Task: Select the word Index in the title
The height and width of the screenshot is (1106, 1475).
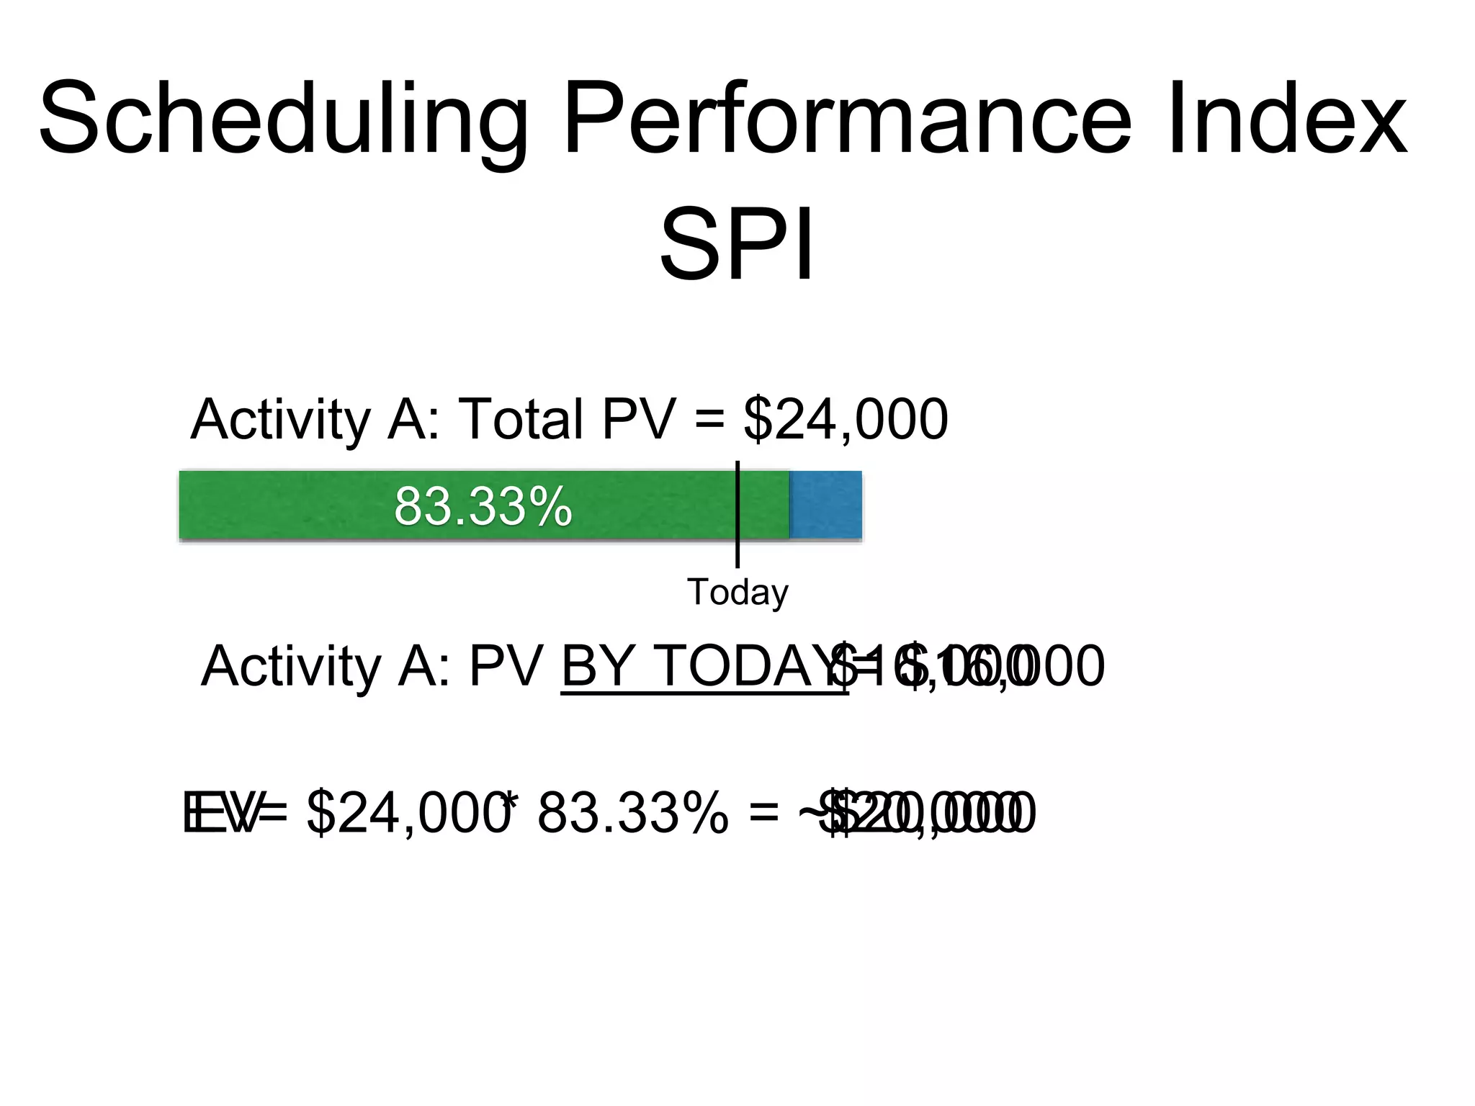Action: point(1286,119)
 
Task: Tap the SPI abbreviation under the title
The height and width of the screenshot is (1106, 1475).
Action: point(737,245)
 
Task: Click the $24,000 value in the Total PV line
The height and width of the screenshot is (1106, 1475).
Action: point(846,420)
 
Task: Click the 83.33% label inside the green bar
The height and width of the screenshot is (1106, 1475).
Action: point(483,506)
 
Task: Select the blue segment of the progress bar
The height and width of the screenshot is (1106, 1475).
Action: point(825,505)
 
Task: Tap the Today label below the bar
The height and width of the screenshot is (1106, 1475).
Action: point(737,593)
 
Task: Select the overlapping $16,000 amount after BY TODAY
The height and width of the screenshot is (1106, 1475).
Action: point(972,666)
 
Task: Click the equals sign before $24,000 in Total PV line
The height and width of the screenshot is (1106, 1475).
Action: point(710,420)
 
